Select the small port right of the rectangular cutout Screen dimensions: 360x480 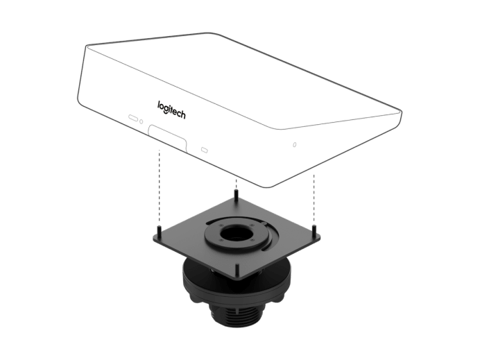click(x=204, y=149)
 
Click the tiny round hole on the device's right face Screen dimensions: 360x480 click(x=295, y=144)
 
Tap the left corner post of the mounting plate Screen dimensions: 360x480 click(x=159, y=230)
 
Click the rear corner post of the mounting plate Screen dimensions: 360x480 click(x=237, y=196)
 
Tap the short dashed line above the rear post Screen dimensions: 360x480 click(x=237, y=185)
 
